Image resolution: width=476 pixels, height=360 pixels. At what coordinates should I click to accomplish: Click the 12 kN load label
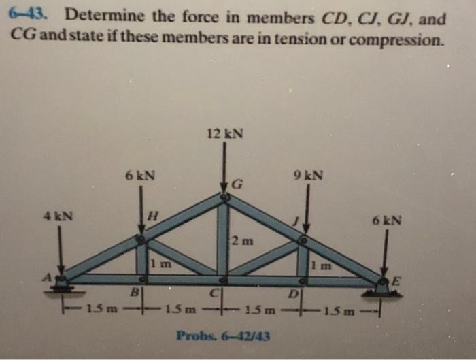(x=224, y=134)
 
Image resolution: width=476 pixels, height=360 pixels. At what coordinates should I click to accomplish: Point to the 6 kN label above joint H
(x=140, y=176)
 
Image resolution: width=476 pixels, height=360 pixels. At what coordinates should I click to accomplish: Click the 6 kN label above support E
(x=387, y=220)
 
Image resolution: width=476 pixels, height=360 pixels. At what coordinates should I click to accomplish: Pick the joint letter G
(x=236, y=183)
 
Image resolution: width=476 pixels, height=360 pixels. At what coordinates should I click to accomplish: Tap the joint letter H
(x=153, y=215)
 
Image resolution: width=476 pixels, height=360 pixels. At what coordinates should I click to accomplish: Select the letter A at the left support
(x=48, y=277)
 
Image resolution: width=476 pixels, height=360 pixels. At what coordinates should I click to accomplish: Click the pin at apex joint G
(x=224, y=197)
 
